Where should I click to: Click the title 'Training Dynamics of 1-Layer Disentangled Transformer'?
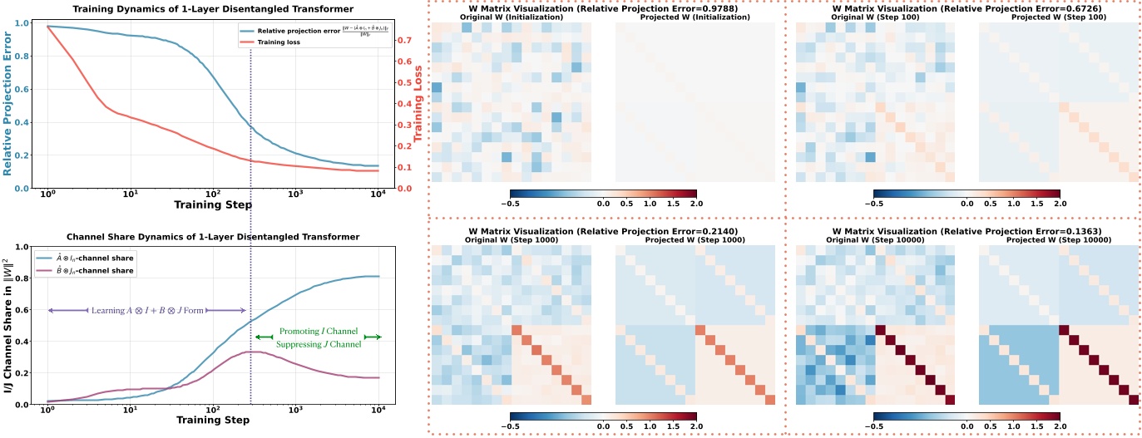[x=212, y=9]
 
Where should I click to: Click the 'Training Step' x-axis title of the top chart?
[x=212, y=204]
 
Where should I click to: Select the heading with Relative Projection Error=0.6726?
[x=965, y=8]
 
